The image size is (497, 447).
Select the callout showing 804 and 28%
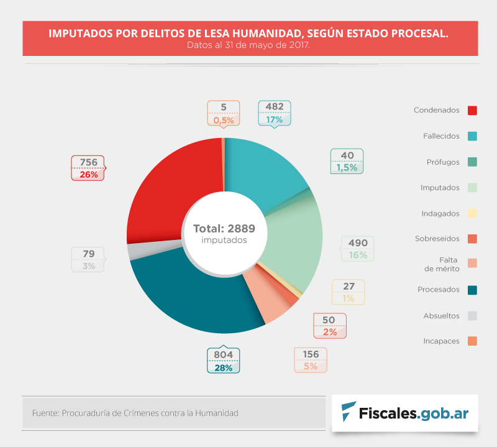223,361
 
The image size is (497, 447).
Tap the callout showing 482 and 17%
275,113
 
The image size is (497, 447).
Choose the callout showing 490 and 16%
358,249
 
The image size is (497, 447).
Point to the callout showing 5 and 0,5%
223,113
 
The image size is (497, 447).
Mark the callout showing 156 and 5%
310,361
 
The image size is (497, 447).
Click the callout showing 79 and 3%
88,259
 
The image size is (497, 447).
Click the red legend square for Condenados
472,111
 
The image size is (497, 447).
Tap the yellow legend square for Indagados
472,213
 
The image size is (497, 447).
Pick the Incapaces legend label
441,341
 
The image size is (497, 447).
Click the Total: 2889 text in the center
224,228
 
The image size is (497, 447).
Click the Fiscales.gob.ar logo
404,412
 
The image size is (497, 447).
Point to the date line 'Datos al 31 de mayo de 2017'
248,45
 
